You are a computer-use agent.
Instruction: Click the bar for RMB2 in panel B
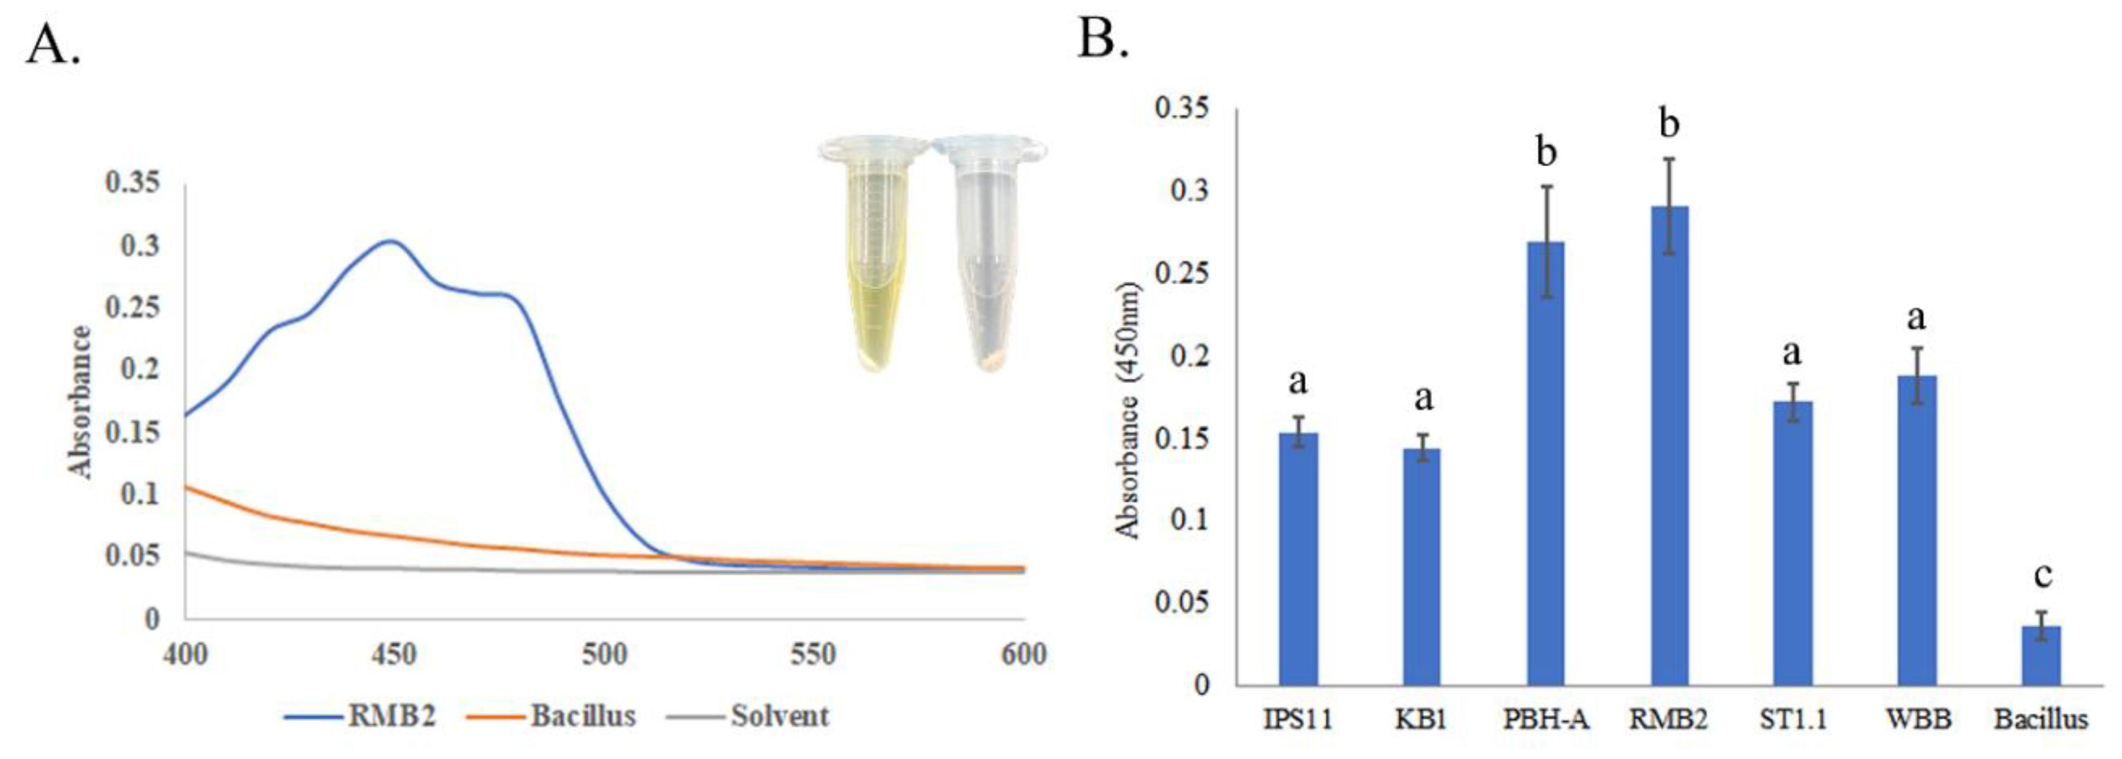point(1670,444)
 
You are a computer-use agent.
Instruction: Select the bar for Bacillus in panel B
point(2041,655)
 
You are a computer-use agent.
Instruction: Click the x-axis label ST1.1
point(1792,719)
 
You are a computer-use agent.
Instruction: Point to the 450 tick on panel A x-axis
point(394,655)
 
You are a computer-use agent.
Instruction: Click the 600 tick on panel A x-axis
point(1022,655)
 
